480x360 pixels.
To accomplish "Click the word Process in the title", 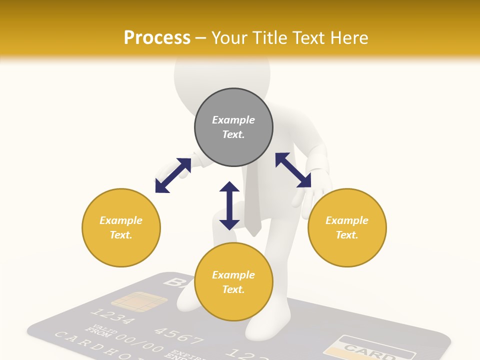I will pos(157,38).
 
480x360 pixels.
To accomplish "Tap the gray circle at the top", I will pos(233,127).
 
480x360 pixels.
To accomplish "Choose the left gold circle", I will pos(121,227).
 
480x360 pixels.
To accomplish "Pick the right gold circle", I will pos(347,227).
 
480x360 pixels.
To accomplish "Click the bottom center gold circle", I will pos(233,282).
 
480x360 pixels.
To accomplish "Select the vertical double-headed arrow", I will pos(229,205).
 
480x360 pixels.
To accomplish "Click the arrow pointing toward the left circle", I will pos(173,175).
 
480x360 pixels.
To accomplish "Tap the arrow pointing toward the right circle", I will pos(293,170).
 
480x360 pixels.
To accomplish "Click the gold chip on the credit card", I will pos(139,301).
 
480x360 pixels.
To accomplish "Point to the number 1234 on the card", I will pos(113,317).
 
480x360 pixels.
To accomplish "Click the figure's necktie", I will pos(252,205).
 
